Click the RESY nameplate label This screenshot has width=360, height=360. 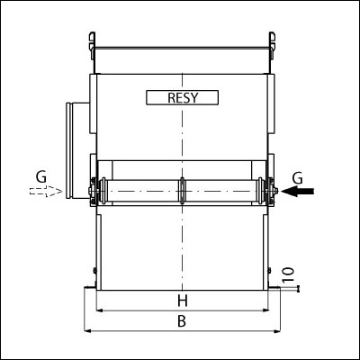182,97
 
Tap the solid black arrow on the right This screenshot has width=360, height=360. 298,191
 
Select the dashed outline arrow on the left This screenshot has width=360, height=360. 46,191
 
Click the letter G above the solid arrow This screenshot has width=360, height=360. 297,179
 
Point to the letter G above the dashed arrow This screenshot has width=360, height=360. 41,177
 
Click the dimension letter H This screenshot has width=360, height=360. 183,301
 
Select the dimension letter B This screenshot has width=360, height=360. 182,321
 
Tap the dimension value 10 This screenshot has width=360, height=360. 288,274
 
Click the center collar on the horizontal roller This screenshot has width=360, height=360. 182,191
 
